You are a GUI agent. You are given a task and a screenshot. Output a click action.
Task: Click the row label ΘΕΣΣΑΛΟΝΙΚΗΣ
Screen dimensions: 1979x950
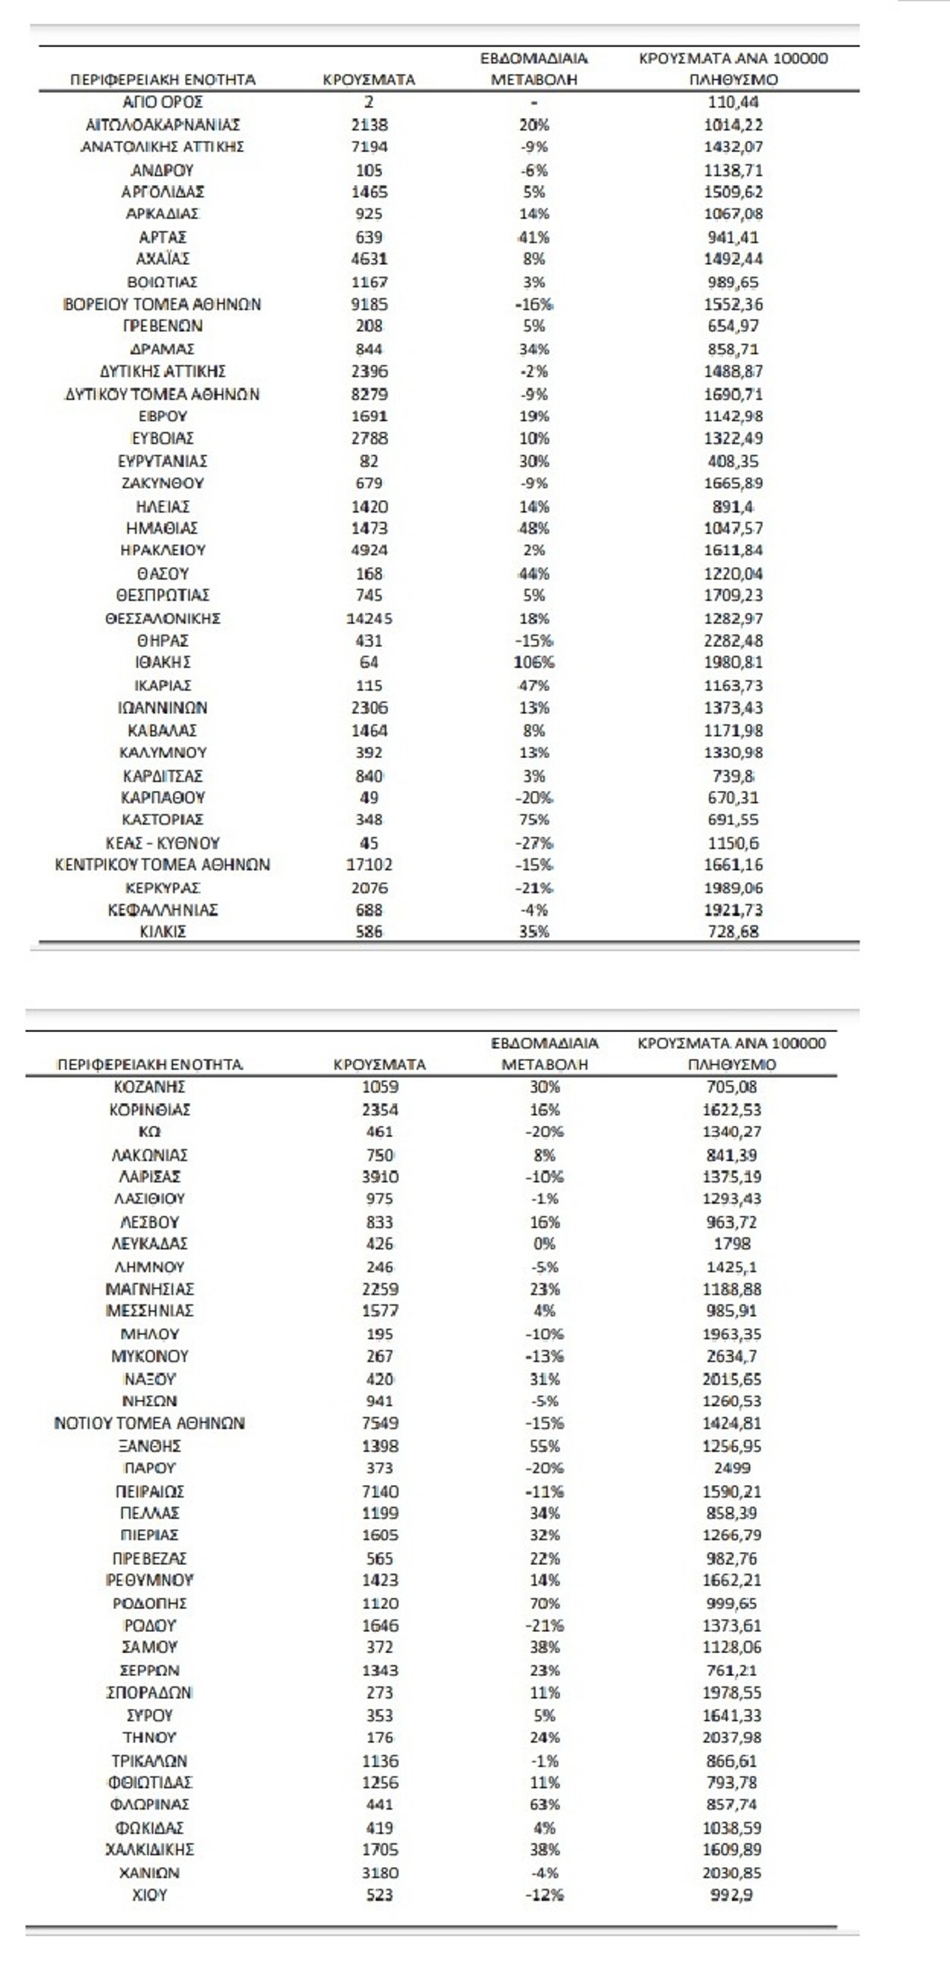(163, 619)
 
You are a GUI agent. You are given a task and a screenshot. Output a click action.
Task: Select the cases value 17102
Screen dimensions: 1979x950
(369, 865)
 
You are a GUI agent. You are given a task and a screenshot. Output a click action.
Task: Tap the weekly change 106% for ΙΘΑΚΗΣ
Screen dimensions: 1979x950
(534, 662)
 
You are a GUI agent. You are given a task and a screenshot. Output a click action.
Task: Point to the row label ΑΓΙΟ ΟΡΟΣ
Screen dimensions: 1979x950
(163, 102)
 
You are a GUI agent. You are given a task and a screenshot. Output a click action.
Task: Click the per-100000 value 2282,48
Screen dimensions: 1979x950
(733, 641)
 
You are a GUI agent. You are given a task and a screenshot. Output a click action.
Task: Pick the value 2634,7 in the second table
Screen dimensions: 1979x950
(732, 1357)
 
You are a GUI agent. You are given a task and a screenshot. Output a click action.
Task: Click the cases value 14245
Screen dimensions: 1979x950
(369, 619)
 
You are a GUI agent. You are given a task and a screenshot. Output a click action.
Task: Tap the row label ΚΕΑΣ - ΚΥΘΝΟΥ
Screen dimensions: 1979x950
(163, 842)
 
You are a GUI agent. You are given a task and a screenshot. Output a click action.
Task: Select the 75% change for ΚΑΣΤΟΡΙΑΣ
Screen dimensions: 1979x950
(534, 819)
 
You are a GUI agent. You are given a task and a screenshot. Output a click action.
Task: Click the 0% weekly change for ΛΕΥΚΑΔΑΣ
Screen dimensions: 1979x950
(544, 1244)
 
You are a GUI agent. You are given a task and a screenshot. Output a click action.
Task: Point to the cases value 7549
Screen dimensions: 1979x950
(379, 1424)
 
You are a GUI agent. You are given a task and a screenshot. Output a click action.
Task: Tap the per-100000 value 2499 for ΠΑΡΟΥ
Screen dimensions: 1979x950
(732, 1468)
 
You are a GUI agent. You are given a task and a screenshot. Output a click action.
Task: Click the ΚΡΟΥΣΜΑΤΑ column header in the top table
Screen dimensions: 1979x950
(369, 80)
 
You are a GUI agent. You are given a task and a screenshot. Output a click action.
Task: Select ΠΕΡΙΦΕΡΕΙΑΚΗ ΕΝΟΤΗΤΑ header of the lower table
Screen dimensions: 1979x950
(150, 1065)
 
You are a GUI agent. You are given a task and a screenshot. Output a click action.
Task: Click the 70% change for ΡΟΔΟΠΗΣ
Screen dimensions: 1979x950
(544, 1604)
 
